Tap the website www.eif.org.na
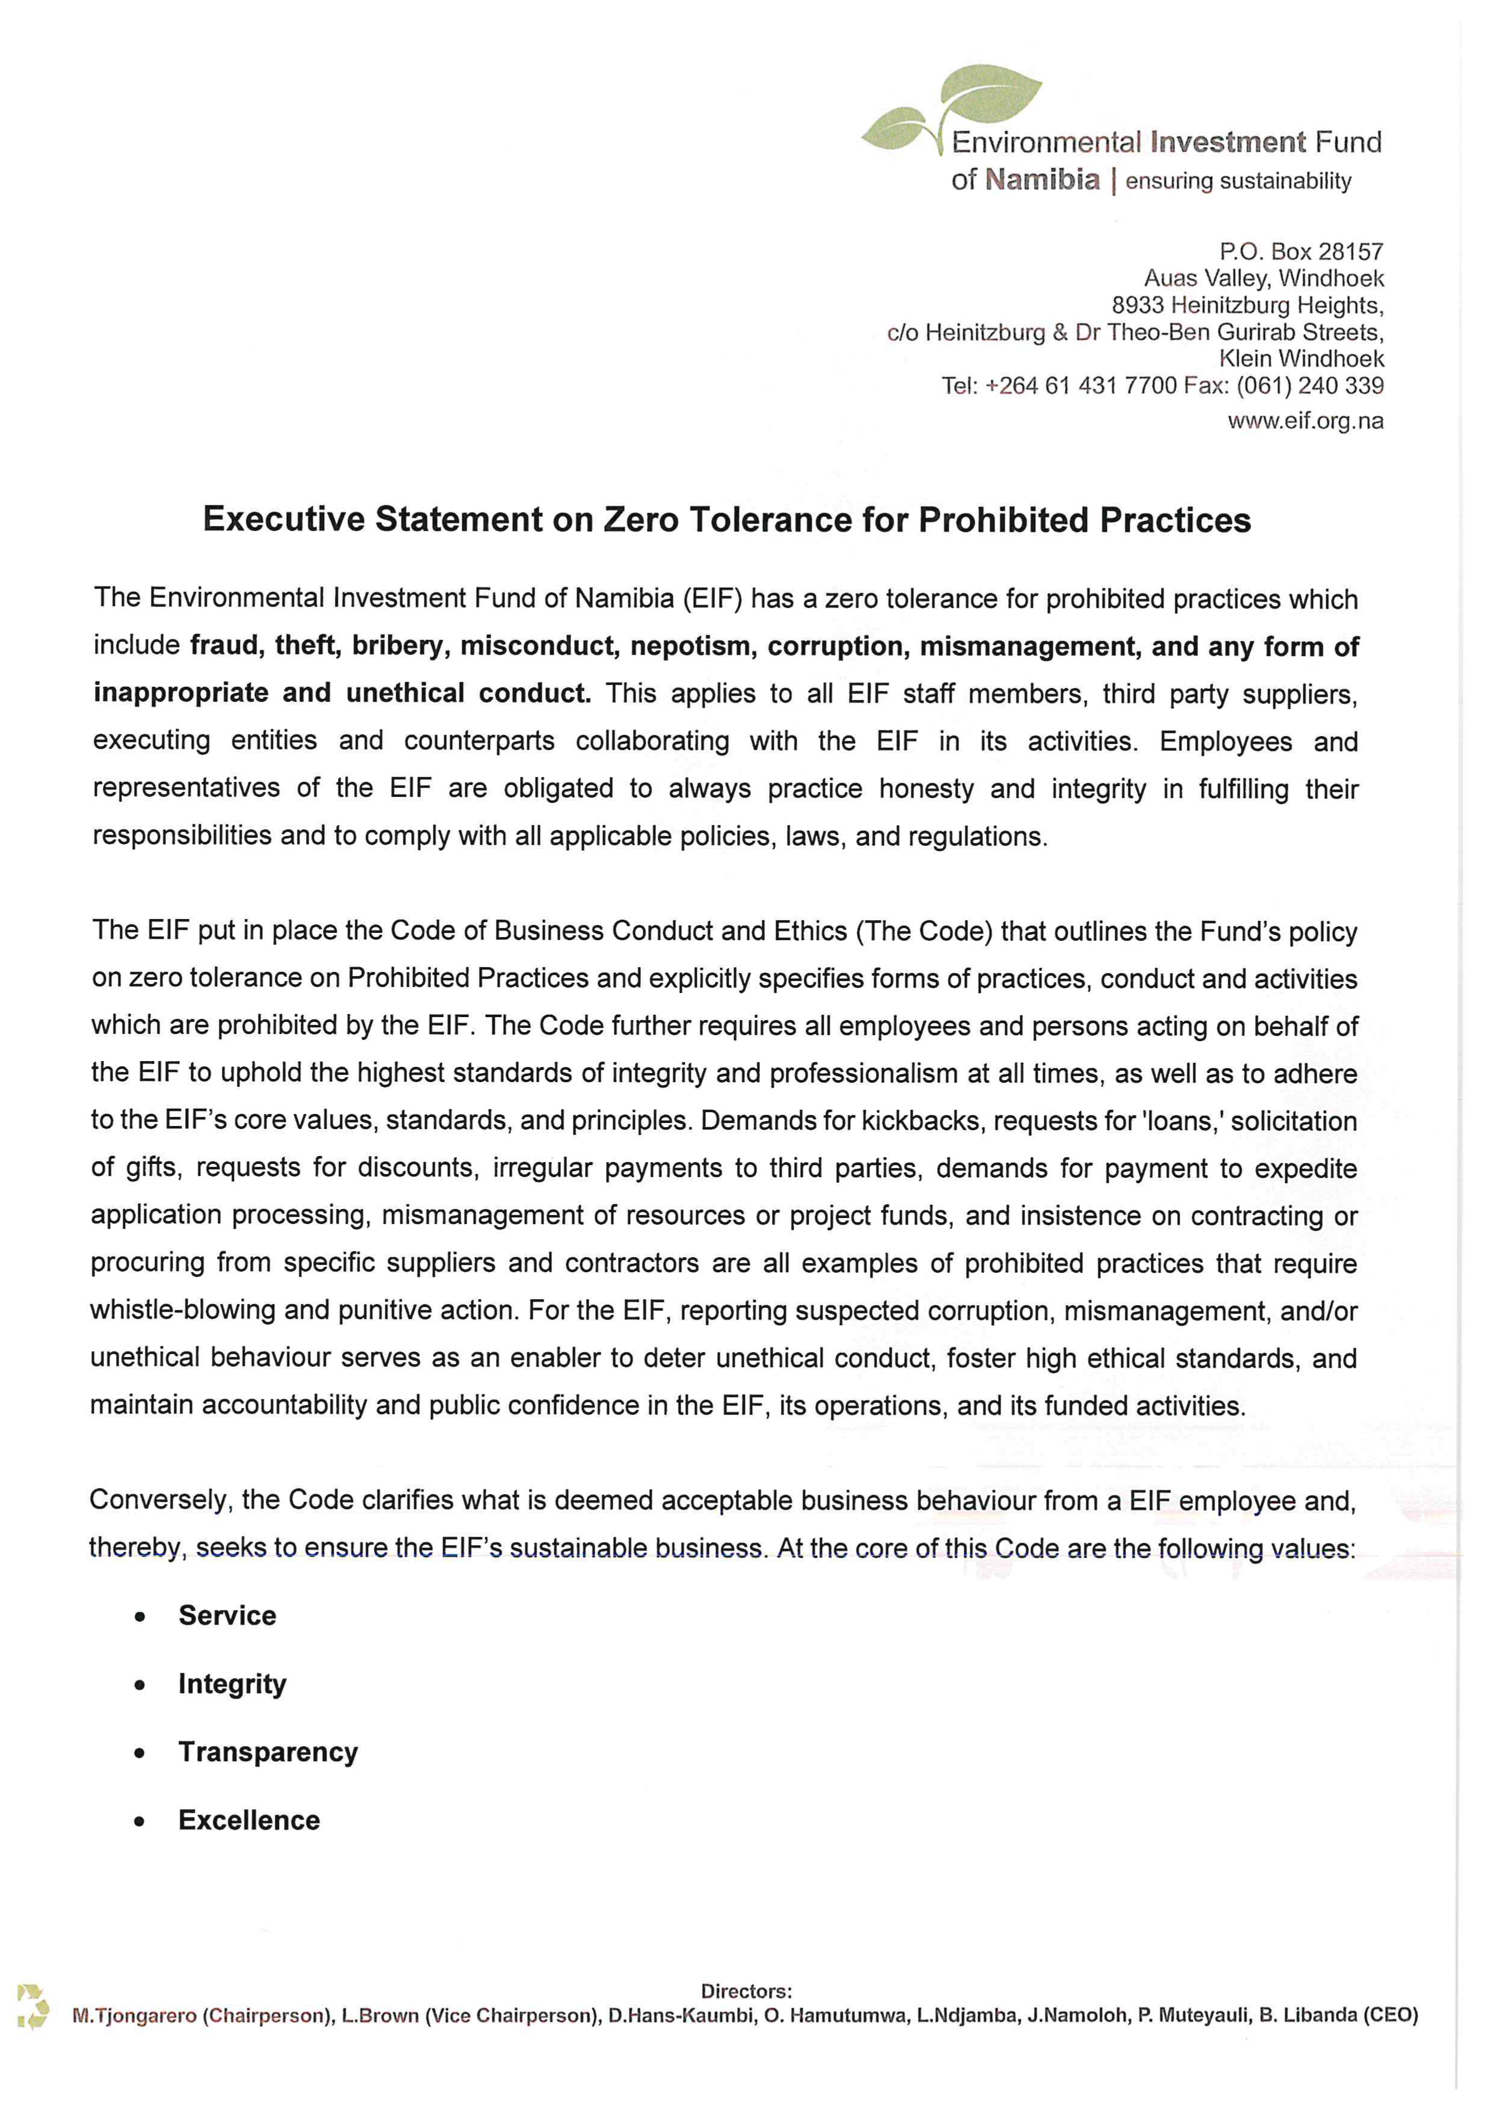pyautogui.click(x=1305, y=421)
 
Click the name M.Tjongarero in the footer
pyautogui.click(x=134, y=2016)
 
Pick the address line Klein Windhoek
pyautogui.click(x=1301, y=358)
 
